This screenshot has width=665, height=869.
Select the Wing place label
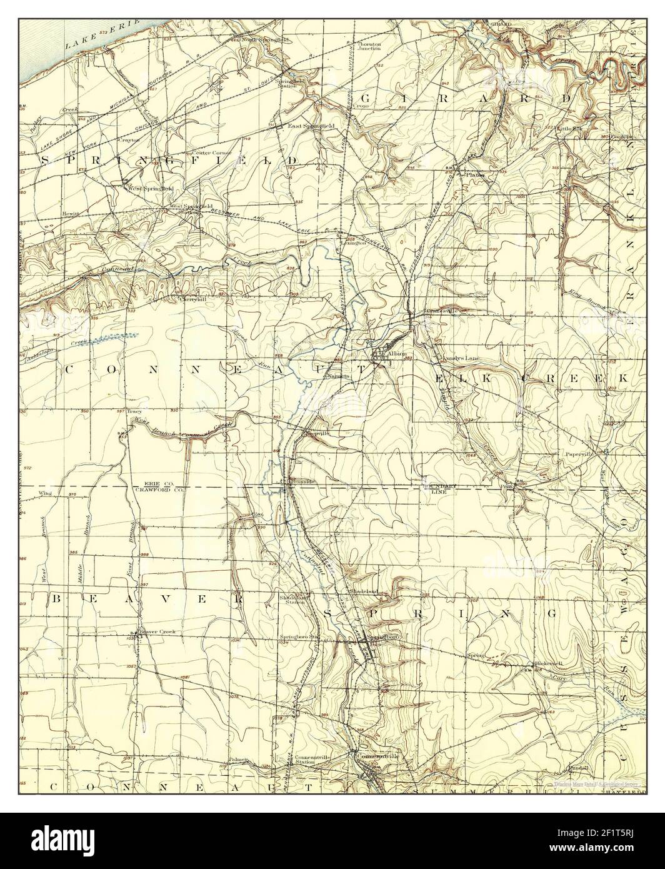point(44,493)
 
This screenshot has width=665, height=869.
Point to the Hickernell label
point(548,663)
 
